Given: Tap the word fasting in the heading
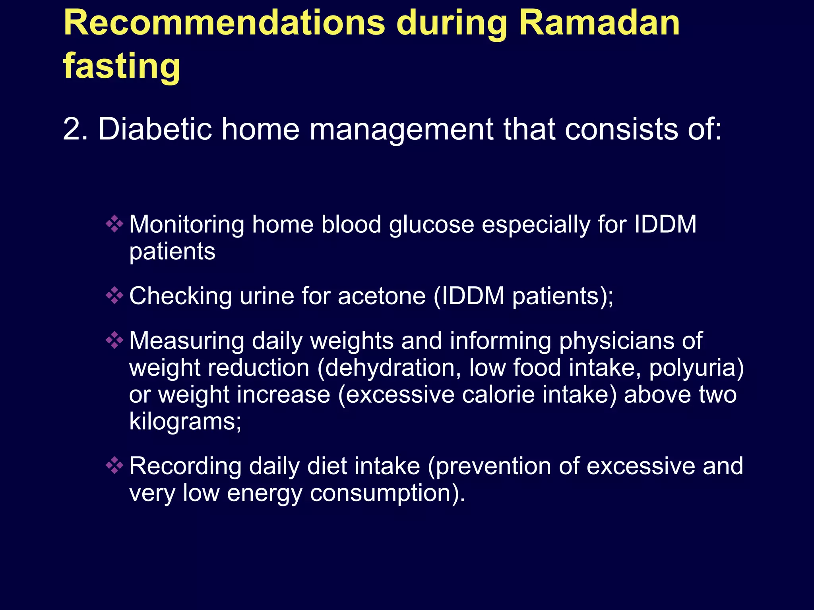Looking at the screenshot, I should pos(122,66).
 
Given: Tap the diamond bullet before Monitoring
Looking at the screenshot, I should pos(114,224).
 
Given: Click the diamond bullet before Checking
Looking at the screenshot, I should pos(114,295).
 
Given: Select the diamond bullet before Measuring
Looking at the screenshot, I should pos(114,340).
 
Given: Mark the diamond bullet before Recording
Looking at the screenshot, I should pos(114,465).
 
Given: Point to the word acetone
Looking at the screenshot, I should pos(382,296).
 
